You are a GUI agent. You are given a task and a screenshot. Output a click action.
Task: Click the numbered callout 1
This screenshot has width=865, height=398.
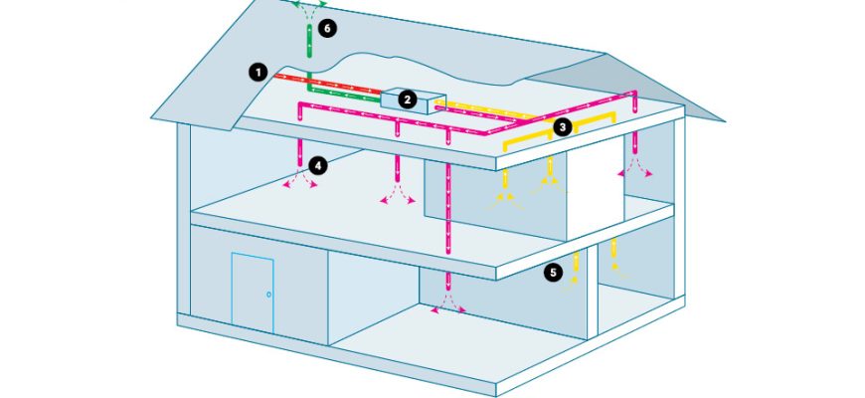point(258,73)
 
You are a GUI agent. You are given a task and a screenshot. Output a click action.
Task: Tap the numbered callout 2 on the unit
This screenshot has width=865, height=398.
point(407,99)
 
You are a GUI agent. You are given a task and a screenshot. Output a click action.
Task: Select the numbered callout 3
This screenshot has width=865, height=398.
point(562,128)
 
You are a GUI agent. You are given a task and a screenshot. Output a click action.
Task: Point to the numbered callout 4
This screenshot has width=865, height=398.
point(318,165)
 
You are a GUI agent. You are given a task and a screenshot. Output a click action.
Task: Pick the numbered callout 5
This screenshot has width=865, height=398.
point(554,272)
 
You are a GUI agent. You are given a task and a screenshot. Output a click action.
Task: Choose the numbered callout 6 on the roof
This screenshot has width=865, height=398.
point(327,29)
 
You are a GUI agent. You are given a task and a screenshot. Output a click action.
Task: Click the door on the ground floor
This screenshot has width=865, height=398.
point(253,294)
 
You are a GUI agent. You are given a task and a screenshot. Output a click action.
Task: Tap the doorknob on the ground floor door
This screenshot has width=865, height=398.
point(268,295)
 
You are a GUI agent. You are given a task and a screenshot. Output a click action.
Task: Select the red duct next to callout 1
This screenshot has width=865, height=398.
point(327,83)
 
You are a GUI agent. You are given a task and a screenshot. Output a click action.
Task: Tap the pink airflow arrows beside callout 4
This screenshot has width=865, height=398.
point(300,178)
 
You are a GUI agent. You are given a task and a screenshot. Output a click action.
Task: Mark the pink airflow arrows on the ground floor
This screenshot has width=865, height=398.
point(448,303)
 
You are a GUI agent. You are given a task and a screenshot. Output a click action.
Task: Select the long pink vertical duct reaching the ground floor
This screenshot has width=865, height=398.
point(448,208)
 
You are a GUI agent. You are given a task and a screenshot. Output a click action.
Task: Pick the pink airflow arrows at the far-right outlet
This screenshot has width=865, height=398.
point(635,167)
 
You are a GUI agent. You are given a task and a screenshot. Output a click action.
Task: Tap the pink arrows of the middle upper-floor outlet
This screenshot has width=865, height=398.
point(397,194)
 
